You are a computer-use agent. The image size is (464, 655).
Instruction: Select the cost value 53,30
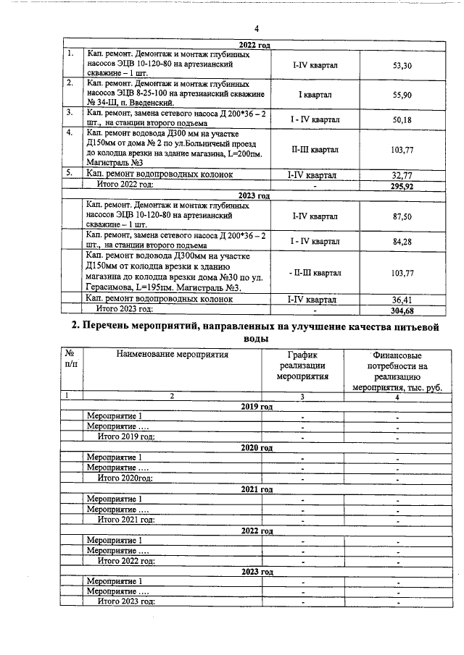coord(402,66)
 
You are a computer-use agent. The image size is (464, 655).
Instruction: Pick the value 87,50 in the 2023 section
coord(402,216)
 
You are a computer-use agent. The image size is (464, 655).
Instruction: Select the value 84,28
coord(402,242)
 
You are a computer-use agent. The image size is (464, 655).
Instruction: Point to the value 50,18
coord(402,119)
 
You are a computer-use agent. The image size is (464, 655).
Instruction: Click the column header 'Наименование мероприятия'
coord(172,355)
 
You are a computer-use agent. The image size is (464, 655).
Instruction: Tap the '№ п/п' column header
coord(70,360)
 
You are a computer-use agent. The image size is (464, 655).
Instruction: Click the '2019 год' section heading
coord(256,407)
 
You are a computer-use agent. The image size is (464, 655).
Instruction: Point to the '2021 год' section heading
coord(256,489)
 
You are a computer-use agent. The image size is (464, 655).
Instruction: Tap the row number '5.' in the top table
coord(69,174)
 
